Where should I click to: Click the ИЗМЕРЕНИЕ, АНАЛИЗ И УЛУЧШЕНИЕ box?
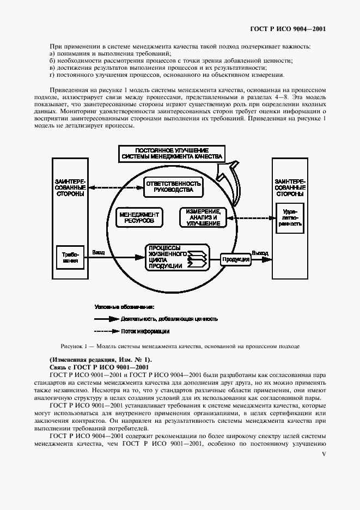203,217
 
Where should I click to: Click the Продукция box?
234,259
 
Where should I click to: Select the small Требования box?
70,257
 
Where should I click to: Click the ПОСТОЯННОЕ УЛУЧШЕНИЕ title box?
172,153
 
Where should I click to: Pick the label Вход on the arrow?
99,252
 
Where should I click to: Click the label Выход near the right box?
259,253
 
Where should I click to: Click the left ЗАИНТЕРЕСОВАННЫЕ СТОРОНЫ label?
70,187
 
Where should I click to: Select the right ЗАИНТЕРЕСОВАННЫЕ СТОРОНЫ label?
290,187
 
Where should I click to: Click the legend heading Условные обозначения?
124,307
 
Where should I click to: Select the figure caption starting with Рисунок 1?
180,346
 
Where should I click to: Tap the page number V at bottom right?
324,453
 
